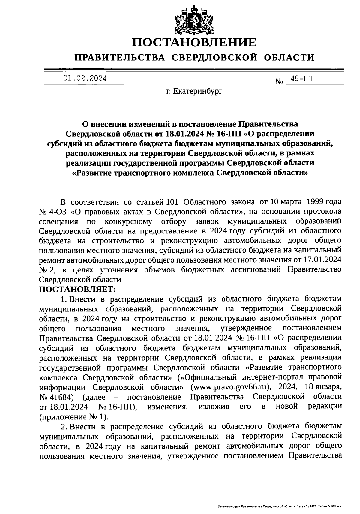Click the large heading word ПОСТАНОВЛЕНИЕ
coord(195,42)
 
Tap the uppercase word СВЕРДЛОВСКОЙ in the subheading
coord(215,57)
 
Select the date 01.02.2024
coord(85,79)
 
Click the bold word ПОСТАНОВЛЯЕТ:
coord(77,290)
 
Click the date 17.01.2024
coord(324,260)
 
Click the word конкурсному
coord(129,221)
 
